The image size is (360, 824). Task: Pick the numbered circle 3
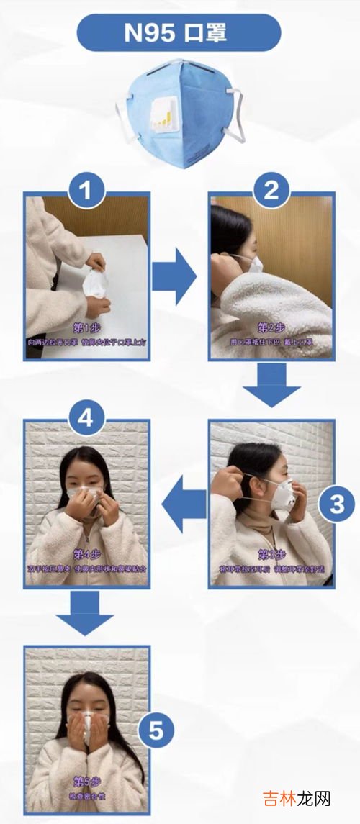336,504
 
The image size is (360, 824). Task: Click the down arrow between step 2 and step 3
271,386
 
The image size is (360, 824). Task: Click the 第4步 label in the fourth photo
86,555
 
